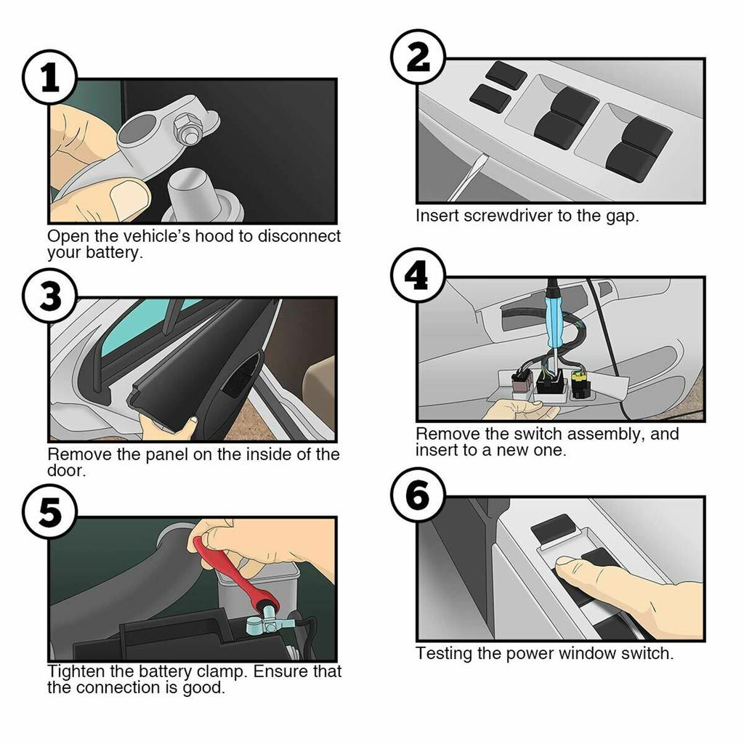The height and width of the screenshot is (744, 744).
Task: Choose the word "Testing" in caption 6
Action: coord(443,653)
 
